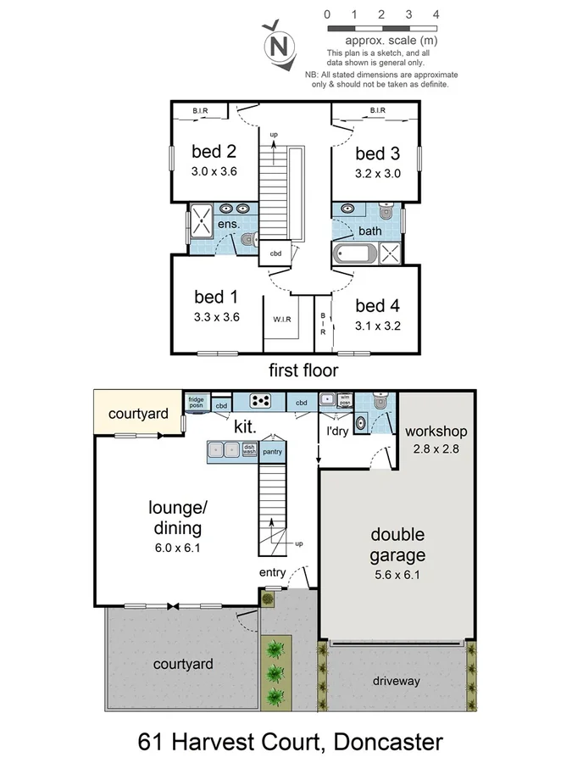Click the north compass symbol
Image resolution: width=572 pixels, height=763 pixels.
coord(278,47)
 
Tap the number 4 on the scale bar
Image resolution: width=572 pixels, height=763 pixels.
coord(436,14)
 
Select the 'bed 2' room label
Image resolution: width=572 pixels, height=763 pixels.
coord(214,153)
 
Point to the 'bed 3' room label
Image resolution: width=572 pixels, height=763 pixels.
coord(377,153)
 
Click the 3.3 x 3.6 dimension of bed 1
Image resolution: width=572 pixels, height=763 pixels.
coord(217,318)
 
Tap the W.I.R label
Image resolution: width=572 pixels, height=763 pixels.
coord(282,320)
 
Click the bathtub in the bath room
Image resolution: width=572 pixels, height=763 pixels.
coord(354,253)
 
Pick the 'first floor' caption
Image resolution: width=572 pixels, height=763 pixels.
coord(303,370)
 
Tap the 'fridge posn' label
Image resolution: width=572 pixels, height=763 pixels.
coord(196,402)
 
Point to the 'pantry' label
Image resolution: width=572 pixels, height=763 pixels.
coord(272,452)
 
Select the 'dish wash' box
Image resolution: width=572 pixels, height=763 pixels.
coord(249,450)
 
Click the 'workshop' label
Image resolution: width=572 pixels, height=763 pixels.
coord(436,432)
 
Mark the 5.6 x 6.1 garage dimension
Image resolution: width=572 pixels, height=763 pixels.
coord(397,574)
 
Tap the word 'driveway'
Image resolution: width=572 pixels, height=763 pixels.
coord(396,681)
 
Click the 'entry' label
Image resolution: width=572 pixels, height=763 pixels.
coord(273,573)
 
